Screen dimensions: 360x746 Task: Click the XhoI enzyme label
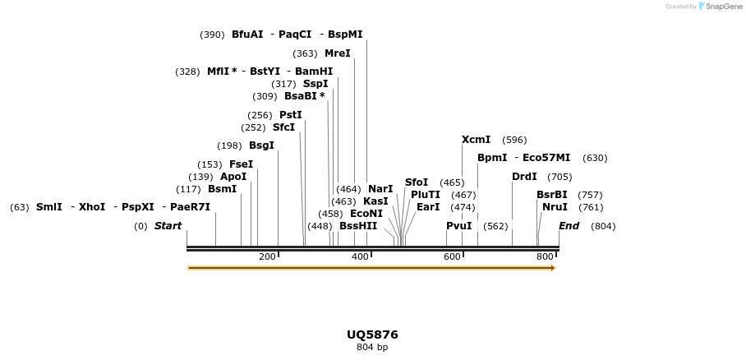tap(92, 207)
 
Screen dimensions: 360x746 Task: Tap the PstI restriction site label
tap(291, 115)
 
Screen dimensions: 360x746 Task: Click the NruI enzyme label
tap(555, 207)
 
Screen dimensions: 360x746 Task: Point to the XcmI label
tap(476, 140)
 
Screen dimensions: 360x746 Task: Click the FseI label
tap(241, 164)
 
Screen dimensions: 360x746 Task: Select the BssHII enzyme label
tap(358, 226)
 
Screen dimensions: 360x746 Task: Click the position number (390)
tap(212, 35)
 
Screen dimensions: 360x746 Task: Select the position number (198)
tap(229, 145)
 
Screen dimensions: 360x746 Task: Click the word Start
tap(168, 226)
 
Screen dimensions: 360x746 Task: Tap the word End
tap(569, 226)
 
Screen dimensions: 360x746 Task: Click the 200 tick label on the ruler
tap(267, 257)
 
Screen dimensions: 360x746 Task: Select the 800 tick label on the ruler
tap(544, 257)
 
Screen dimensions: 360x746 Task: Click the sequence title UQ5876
tap(372, 335)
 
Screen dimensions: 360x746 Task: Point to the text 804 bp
tap(372, 348)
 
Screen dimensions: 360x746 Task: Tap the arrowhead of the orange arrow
tap(553, 268)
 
